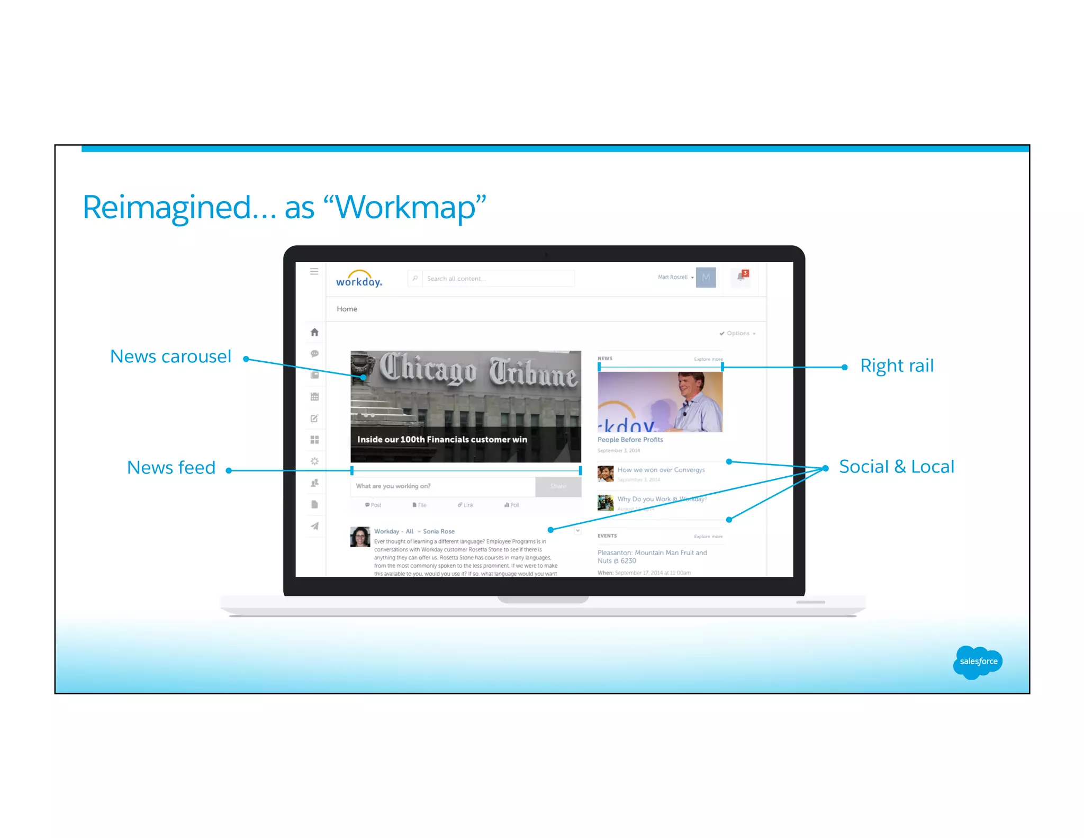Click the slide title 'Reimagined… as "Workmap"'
(284, 207)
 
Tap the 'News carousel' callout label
(170, 356)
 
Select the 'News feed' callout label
(171, 468)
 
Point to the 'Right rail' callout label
(897, 365)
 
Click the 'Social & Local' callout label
(897, 467)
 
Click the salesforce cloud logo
(978, 662)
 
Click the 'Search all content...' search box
(498, 279)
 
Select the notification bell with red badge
(742, 276)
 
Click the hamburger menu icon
(314, 272)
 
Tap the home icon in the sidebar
(314, 332)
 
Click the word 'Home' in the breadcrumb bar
(347, 309)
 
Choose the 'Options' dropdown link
(738, 333)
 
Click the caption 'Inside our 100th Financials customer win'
(442, 440)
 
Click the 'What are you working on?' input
(442, 486)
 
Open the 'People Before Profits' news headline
(630, 440)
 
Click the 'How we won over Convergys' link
(661, 470)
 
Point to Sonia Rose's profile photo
(360, 537)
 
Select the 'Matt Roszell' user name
(672, 277)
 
